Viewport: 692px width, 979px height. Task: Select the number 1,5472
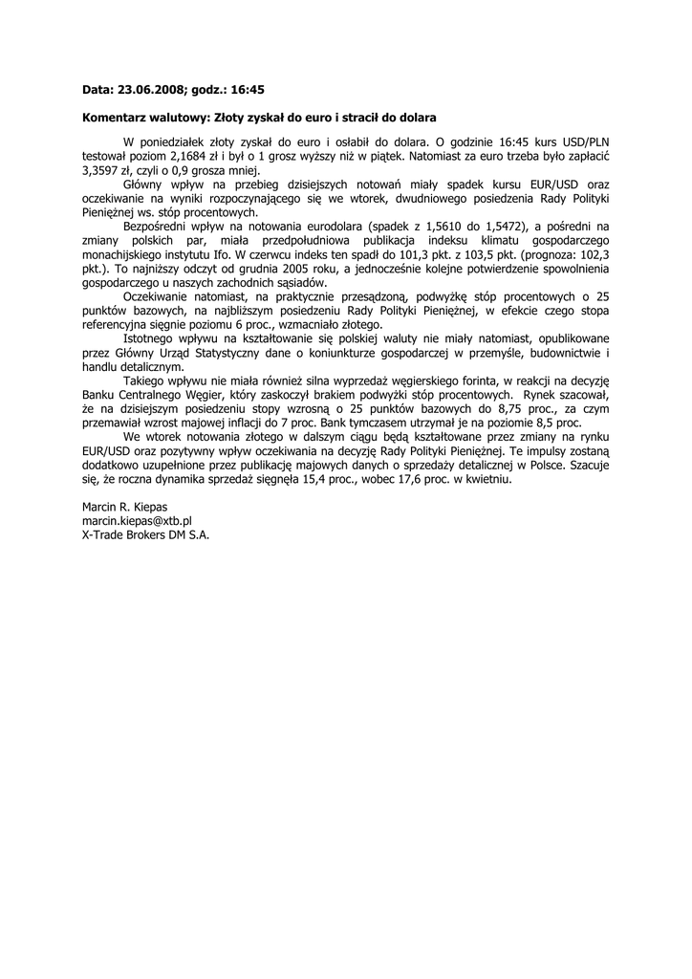pyautogui.click(x=523, y=226)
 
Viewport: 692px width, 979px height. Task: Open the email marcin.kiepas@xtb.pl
pyautogui.click(x=138, y=521)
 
